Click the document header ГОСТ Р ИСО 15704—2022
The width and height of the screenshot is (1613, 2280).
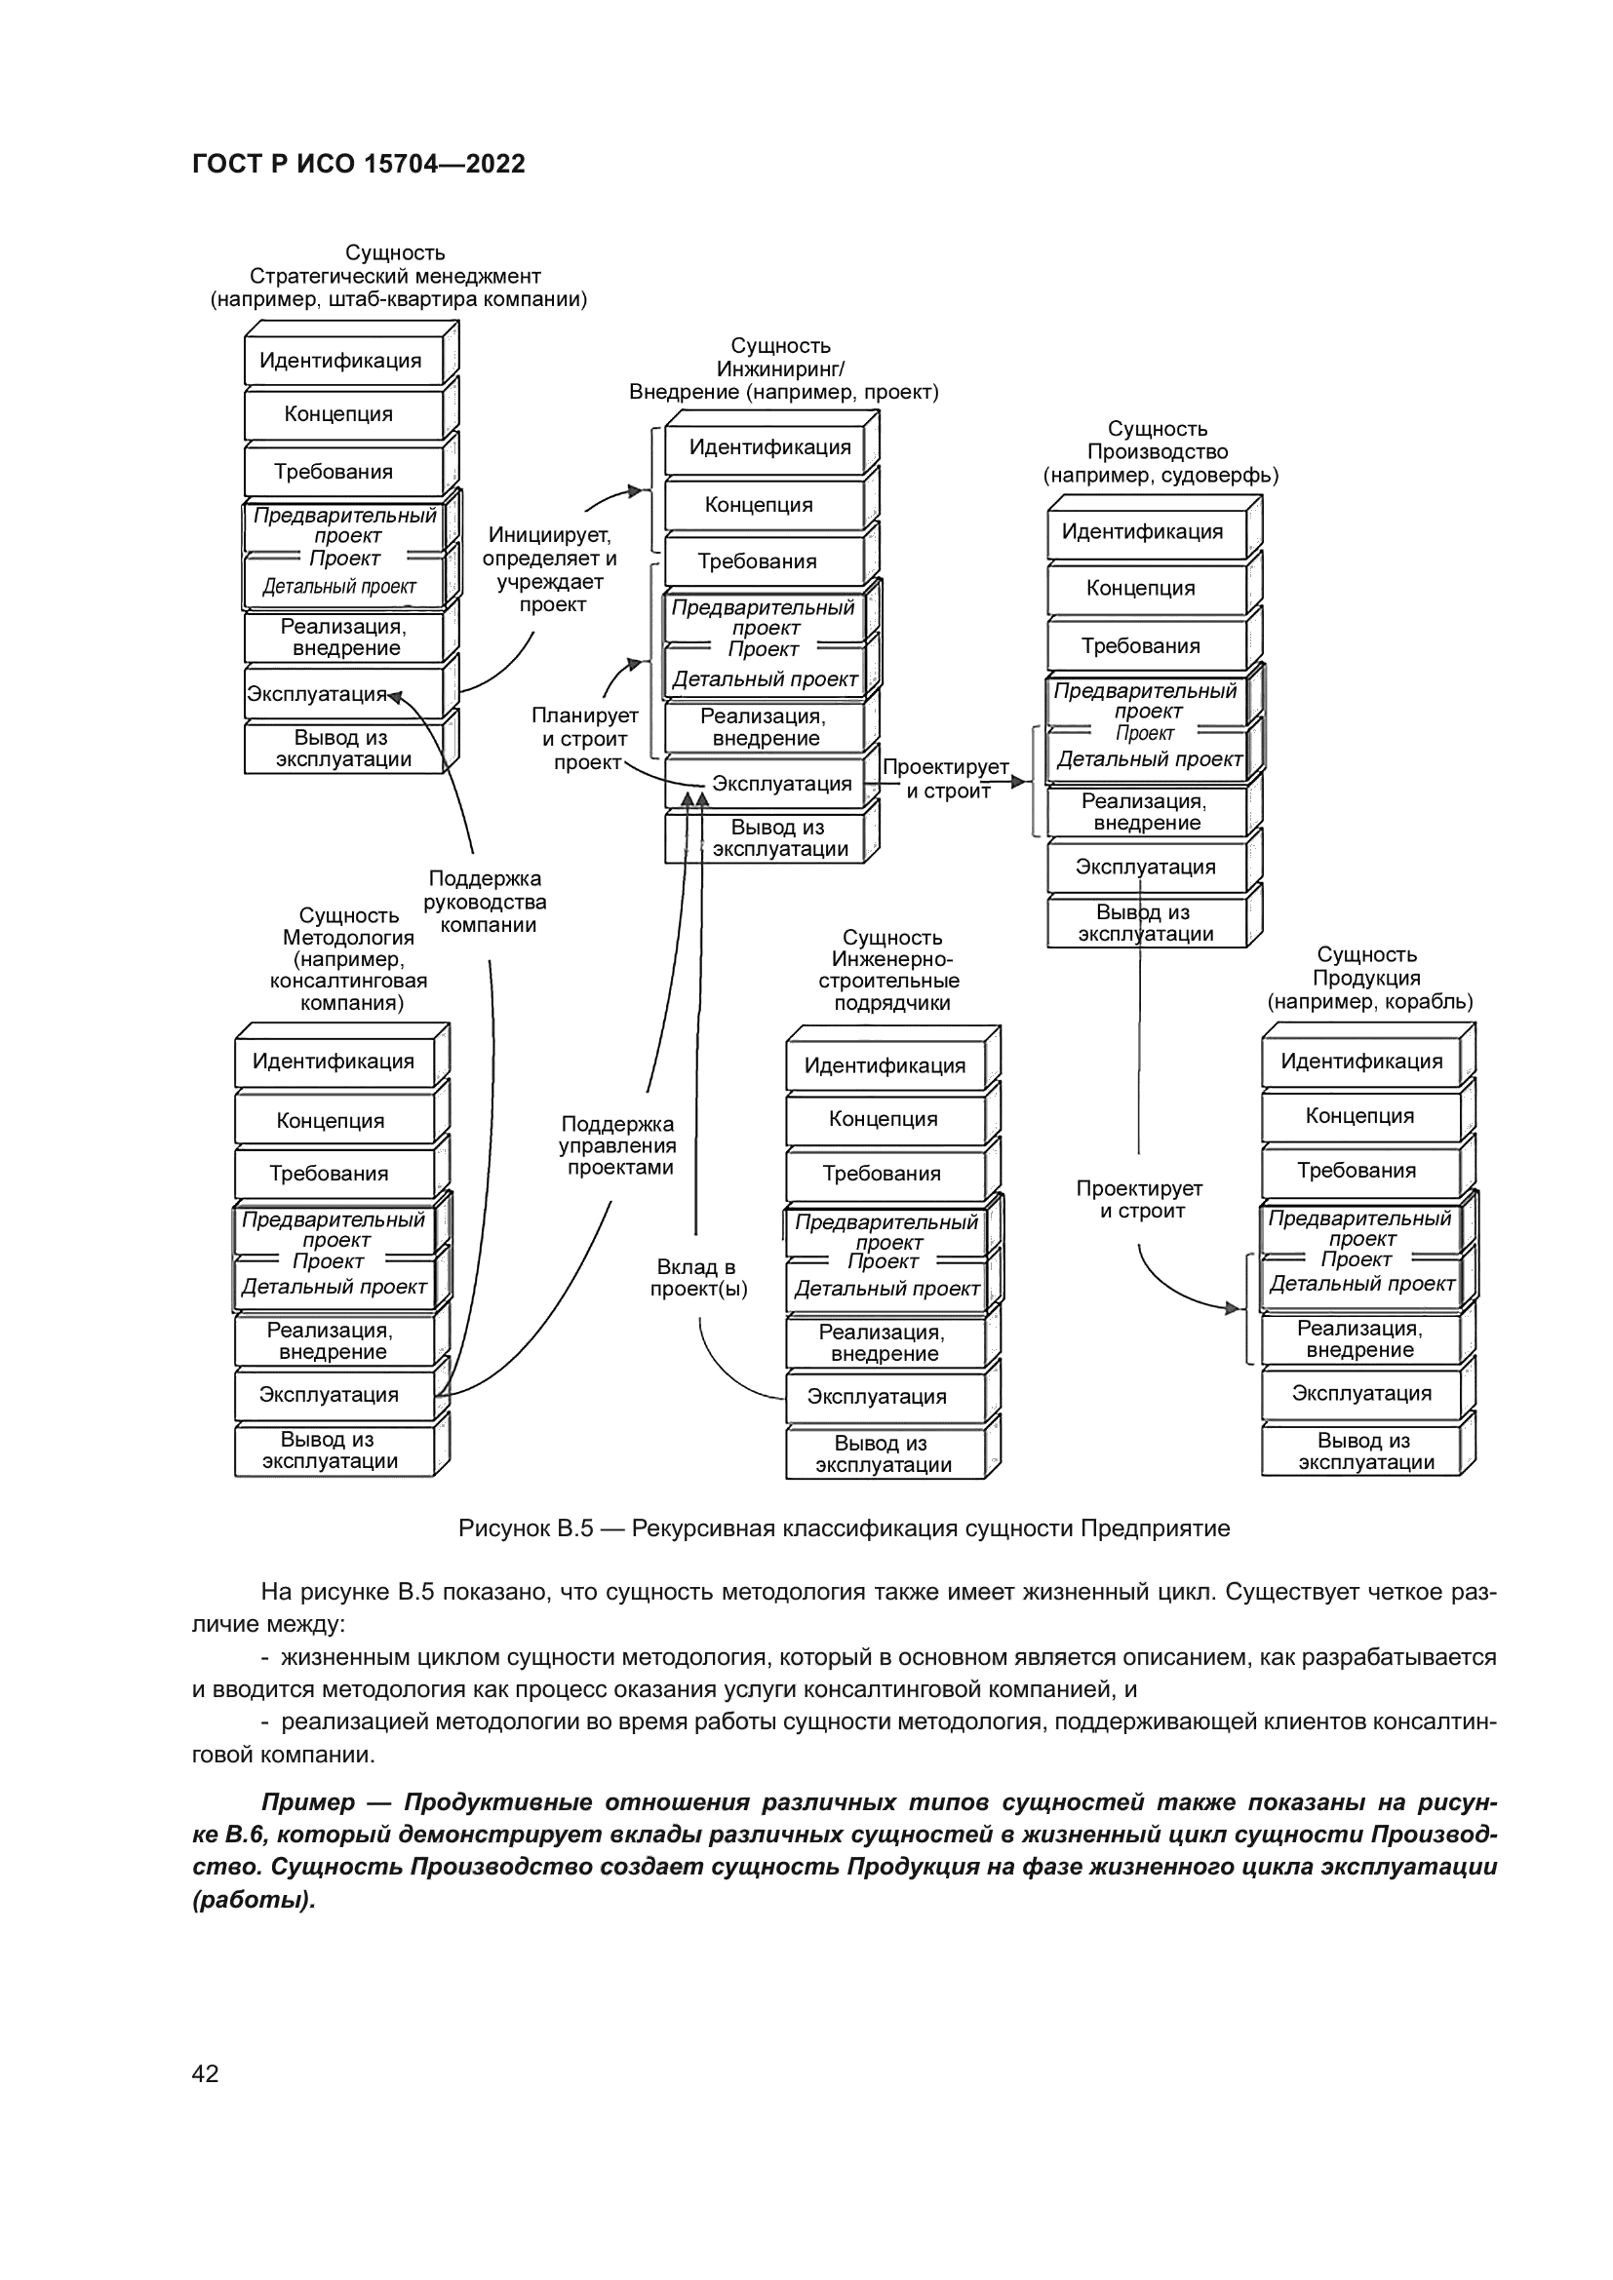pyautogui.click(x=359, y=164)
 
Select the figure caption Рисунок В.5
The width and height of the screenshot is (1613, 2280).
pyautogui.click(x=844, y=1528)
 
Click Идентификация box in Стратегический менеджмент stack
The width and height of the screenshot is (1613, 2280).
pyautogui.click(x=340, y=361)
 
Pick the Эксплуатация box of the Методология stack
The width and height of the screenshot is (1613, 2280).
pyautogui.click(x=329, y=1394)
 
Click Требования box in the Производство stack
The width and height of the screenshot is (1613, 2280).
pyautogui.click(x=1140, y=645)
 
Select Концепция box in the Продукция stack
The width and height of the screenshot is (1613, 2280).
pyautogui.click(x=1358, y=1115)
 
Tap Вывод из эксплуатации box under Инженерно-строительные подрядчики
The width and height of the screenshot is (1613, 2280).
pyautogui.click(x=882, y=1453)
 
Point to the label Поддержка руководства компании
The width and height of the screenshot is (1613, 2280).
pyautogui.click(x=486, y=902)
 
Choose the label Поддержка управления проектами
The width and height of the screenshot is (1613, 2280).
pyautogui.click(x=617, y=1145)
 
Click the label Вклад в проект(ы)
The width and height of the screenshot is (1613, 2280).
pyautogui.click(x=697, y=1278)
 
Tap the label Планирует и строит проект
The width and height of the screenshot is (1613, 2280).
pyautogui.click(x=585, y=739)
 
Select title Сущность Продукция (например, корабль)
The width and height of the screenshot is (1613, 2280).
pyautogui.click(x=1368, y=978)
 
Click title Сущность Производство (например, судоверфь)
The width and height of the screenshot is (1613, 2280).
pyautogui.click(x=1160, y=452)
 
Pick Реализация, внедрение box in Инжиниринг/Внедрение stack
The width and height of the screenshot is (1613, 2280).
pyautogui.click(x=765, y=727)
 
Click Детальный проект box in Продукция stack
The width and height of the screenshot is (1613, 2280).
pyautogui.click(x=1361, y=1284)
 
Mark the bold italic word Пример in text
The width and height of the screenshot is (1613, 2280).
pyautogui.click(x=307, y=1802)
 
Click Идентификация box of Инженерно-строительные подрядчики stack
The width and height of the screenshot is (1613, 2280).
pyautogui.click(x=884, y=1065)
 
